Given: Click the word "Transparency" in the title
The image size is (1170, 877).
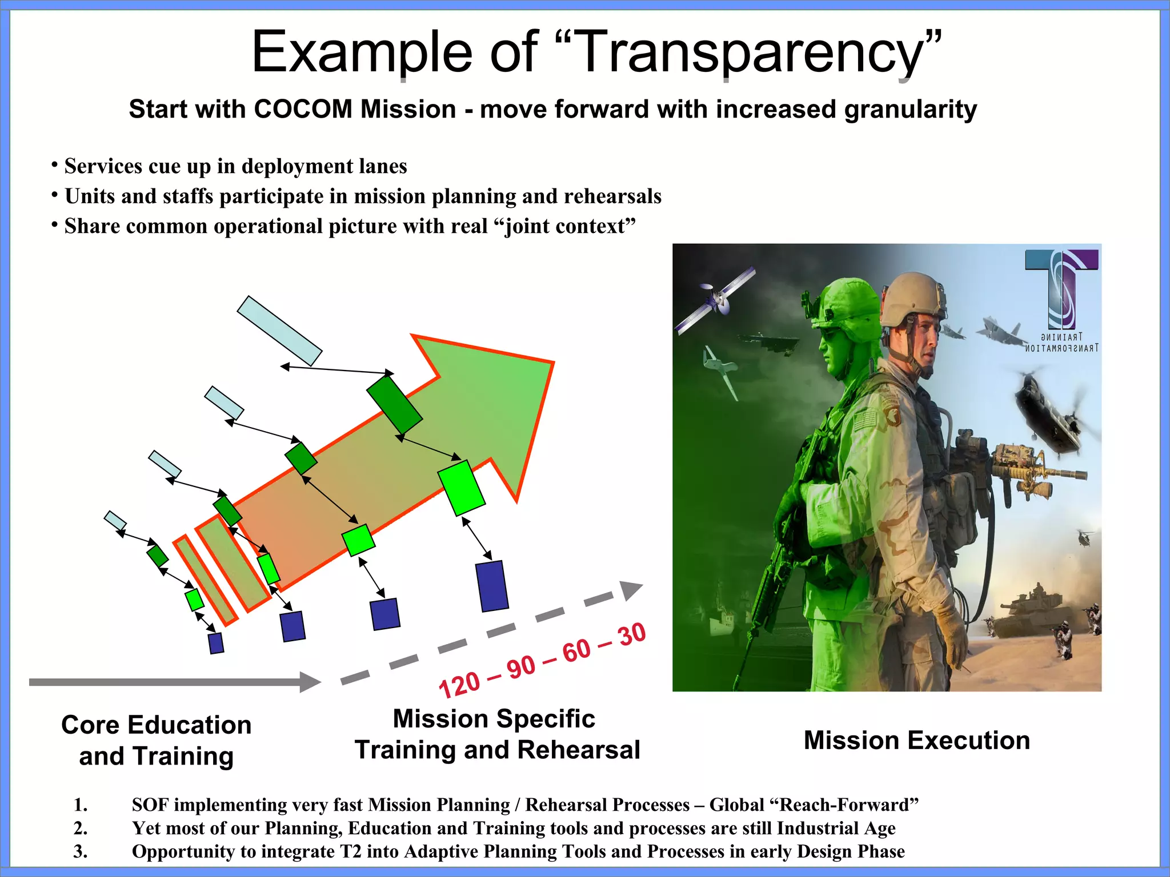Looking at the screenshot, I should point(748,53).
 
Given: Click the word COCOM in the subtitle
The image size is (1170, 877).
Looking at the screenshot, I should point(303,110).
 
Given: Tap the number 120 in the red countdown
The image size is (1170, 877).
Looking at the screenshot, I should point(459,685).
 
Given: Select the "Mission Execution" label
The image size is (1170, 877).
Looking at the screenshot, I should point(916,741).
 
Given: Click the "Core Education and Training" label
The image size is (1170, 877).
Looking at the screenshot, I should point(156,741).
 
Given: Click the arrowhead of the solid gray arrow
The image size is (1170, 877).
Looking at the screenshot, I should point(310,682).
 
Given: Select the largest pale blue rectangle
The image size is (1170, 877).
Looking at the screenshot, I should point(279,331).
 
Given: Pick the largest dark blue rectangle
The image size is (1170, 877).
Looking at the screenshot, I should point(492,586).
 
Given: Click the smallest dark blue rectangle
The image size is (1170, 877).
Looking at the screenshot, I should point(216,643).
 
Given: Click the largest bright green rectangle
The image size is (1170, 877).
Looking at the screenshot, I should point(462,488).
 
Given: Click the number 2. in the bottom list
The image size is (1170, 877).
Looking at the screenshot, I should point(81,828).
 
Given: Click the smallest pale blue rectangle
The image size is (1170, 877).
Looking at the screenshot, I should point(115,520).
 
